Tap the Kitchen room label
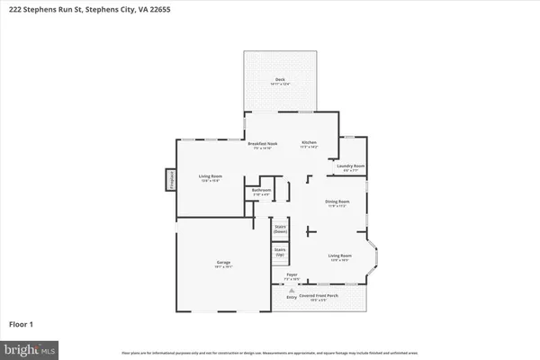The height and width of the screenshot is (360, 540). [309, 143]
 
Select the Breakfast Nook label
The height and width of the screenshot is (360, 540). [262, 143]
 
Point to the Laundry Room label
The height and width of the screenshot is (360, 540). [350, 166]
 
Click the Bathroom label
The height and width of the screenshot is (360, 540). [261, 190]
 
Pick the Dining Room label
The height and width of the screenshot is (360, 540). [337, 202]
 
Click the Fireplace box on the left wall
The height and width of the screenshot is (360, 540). [168, 180]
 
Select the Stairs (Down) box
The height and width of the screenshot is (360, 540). [280, 229]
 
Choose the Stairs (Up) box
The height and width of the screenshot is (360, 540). [280, 252]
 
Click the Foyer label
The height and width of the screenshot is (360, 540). [292, 275]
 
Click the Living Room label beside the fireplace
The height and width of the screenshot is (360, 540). [211, 176]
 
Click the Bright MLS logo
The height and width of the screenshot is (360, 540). [30, 346]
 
